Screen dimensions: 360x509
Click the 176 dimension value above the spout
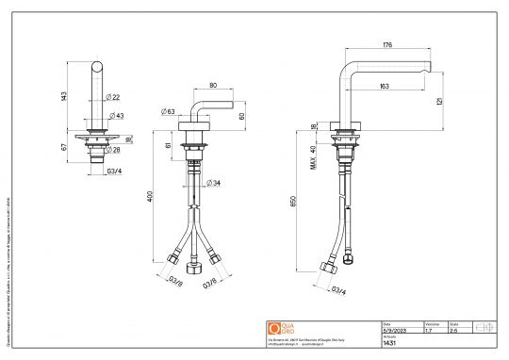tap(387, 45)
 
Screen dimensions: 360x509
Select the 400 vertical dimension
tap(149, 195)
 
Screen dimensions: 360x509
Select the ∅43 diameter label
tap(118, 116)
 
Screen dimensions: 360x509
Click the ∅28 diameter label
tap(114, 150)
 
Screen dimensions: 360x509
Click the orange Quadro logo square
tap(275, 328)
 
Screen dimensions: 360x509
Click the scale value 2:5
tap(454, 331)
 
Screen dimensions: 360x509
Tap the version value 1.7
tap(429, 331)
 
